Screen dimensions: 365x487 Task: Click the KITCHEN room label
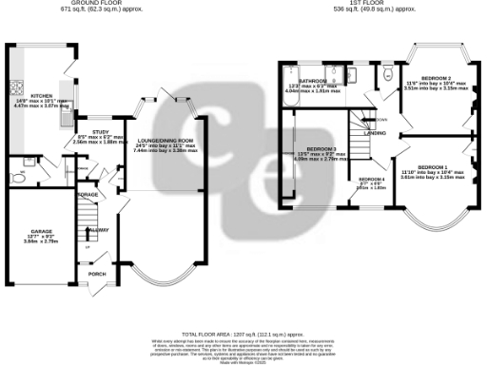point(41,96)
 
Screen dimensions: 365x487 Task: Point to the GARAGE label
point(40,231)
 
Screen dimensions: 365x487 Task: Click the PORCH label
point(96,274)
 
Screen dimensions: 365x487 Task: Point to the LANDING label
point(375,134)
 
